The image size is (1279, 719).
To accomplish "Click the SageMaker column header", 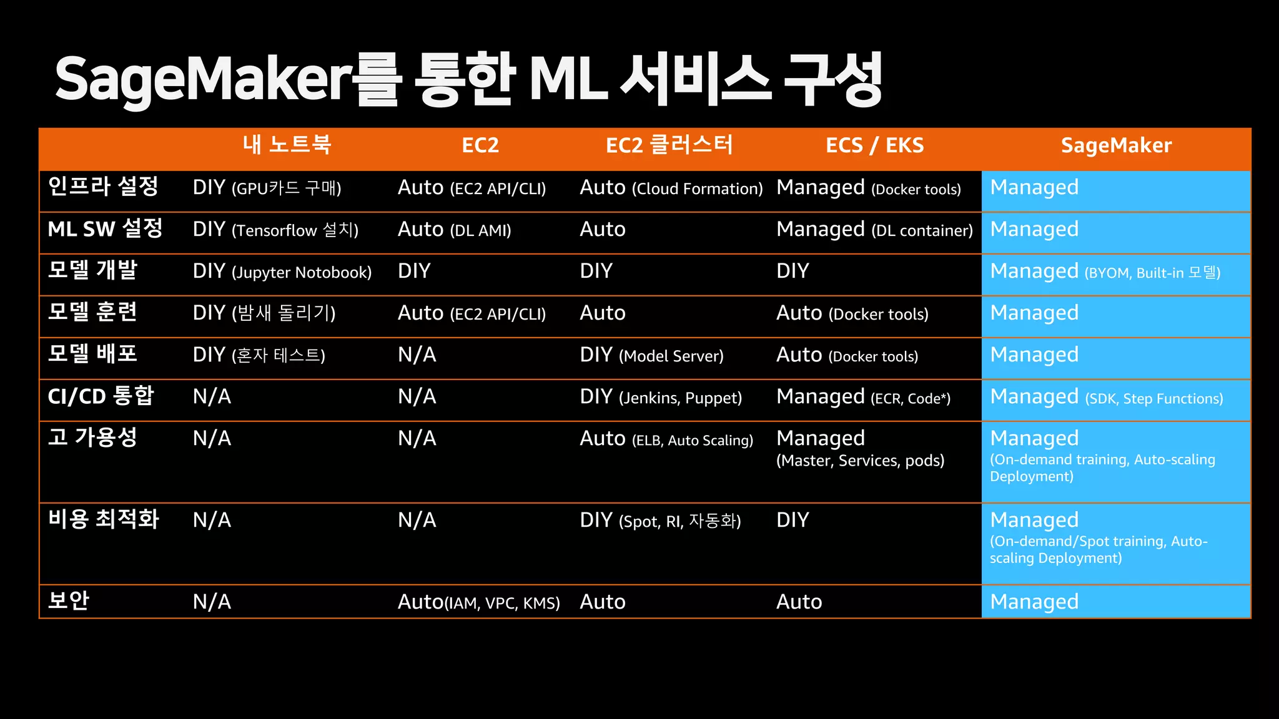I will [1116, 145].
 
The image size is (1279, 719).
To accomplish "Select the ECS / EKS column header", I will [874, 145].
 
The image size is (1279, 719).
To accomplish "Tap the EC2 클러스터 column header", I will [669, 145].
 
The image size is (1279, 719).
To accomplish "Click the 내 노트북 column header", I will [287, 145].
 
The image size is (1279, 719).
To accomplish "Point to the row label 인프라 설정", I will [103, 187].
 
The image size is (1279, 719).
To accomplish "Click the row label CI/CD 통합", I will [101, 396].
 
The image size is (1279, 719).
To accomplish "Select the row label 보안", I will [69, 601].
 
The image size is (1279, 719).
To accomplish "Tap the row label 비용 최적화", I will [104, 519].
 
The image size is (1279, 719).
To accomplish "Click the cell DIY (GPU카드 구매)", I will [267, 188].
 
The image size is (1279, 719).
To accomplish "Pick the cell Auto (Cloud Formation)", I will [671, 188].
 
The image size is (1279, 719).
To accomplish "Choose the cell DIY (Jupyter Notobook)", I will [282, 271].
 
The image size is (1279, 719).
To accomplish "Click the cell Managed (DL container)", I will [874, 230].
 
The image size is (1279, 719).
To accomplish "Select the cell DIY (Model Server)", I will [651, 355].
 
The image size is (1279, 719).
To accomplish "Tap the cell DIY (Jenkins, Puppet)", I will [661, 397].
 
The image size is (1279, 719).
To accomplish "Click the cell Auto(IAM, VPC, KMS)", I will [478, 602].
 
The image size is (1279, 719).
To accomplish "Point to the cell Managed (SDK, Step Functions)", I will [1106, 397].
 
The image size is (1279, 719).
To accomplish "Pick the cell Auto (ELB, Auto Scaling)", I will [666, 439].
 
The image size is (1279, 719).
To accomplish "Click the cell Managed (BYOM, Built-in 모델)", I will [1105, 271].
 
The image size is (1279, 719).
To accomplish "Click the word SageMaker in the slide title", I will [203, 80].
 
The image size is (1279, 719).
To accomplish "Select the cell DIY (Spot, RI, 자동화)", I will [660, 521].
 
